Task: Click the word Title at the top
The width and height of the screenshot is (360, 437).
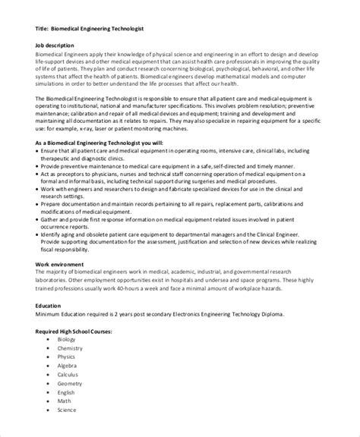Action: [43, 29]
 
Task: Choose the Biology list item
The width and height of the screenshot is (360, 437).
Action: [66, 340]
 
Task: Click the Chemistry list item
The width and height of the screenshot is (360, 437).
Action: [70, 349]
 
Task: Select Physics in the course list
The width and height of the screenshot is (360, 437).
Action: [67, 358]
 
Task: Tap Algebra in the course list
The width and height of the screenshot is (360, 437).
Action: [67, 367]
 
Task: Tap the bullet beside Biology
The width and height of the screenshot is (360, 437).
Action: [47, 340]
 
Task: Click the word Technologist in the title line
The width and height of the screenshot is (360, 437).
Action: [125, 29]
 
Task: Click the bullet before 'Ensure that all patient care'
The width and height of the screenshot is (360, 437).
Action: [38, 152]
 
